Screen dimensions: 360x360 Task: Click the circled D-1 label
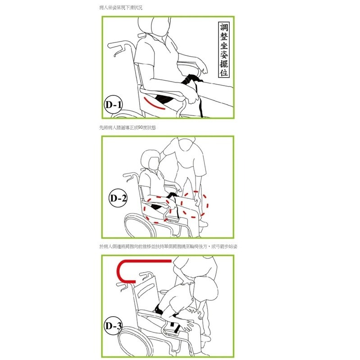click(x=114, y=105)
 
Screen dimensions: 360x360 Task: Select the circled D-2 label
click(x=118, y=197)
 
